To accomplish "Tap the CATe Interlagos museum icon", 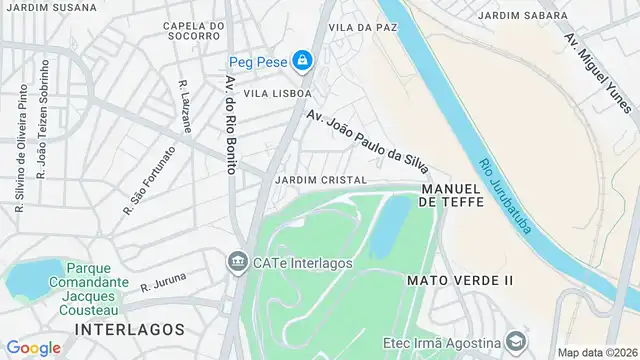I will coord(238,263).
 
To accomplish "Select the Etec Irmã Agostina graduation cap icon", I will coord(514,340).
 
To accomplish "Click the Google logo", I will coord(33,347).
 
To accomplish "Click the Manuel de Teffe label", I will coord(452,195).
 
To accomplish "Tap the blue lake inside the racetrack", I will coord(389,225).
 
